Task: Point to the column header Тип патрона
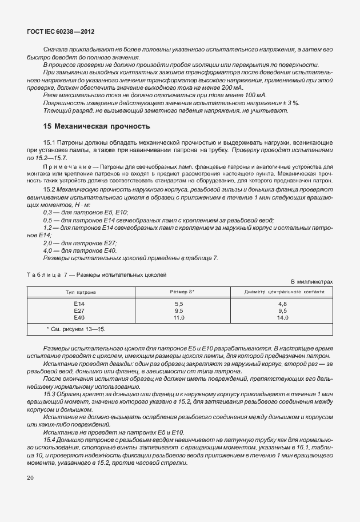click(79, 292)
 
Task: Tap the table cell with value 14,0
click(282, 317)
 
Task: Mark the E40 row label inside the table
click(79, 317)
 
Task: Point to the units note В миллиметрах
click(311, 282)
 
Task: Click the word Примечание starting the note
click(62, 166)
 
